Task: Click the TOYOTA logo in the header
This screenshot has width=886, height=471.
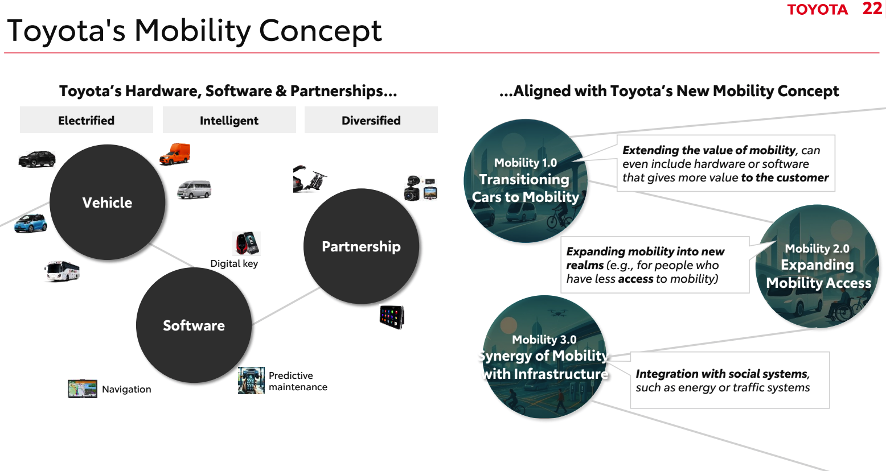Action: click(x=817, y=10)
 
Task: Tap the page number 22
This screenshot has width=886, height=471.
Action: click(x=872, y=9)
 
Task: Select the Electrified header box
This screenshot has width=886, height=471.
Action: click(x=87, y=120)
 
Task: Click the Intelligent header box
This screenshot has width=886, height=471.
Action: click(x=229, y=120)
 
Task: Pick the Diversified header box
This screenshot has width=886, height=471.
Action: click(x=371, y=120)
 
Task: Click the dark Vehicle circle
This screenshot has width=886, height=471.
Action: click(x=107, y=203)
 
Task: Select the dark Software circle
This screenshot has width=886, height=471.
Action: click(x=194, y=325)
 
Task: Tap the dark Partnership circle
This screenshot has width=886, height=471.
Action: click(x=361, y=246)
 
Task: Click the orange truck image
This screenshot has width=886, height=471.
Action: click(x=175, y=154)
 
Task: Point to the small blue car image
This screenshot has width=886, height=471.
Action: click(x=31, y=223)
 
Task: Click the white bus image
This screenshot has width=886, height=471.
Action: click(x=62, y=271)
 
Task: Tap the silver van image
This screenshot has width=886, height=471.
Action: click(x=194, y=189)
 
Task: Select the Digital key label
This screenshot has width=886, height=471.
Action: click(x=234, y=263)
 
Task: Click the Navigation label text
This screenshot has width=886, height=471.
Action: click(x=126, y=389)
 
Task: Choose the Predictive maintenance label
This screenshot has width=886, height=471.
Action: click(x=298, y=381)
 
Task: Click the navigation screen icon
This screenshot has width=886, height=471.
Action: click(x=83, y=389)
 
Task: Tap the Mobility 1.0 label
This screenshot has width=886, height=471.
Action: click(x=526, y=163)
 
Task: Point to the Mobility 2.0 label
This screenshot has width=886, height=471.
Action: click(x=817, y=249)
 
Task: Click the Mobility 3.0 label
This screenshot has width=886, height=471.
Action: click(x=544, y=340)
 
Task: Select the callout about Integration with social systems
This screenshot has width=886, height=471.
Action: click(x=729, y=380)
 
